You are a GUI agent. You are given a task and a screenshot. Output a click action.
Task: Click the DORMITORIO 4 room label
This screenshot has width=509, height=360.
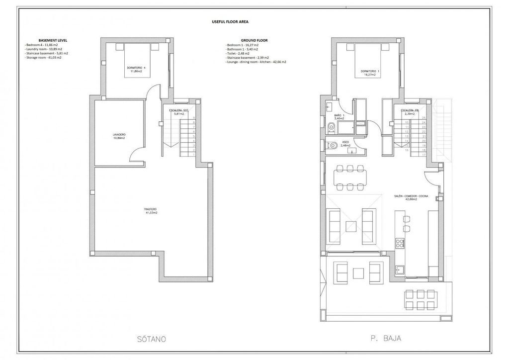click(x=133, y=69)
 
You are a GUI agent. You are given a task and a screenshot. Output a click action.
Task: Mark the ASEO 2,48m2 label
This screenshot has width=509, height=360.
click(x=345, y=144)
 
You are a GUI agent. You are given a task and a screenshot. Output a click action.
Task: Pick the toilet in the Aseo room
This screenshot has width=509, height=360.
click(x=333, y=146)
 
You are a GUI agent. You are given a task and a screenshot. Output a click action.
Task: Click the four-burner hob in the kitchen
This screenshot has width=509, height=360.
click(x=399, y=243)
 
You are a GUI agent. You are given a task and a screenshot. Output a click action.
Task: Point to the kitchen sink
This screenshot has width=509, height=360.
click(x=399, y=270)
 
